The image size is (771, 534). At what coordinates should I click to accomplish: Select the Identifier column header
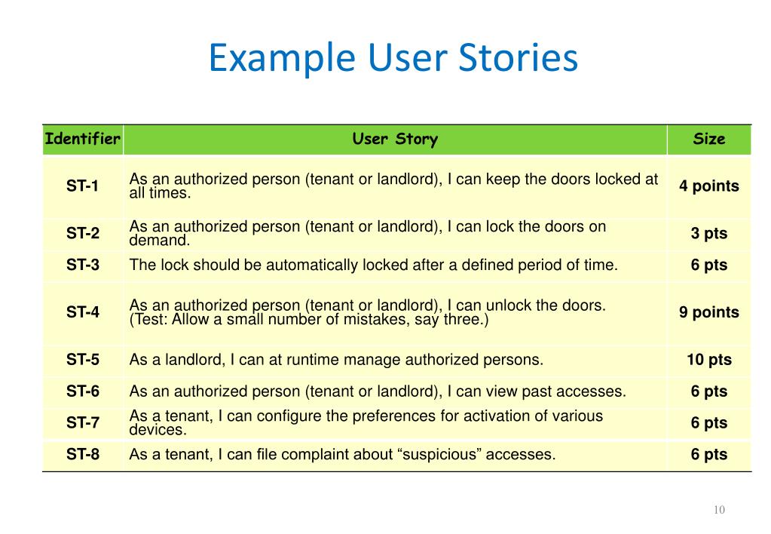pos(82,139)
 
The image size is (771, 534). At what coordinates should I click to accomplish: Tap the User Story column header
pos(394,139)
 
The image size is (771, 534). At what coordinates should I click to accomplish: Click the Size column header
pos(708,139)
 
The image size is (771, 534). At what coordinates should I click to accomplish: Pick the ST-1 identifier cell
pos(82,186)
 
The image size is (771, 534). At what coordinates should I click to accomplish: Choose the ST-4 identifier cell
pos(82,312)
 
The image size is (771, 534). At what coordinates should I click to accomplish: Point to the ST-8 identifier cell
pos(82,455)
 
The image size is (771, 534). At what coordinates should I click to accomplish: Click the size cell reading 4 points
pos(708,186)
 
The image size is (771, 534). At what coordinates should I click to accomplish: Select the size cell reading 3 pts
pos(708,234)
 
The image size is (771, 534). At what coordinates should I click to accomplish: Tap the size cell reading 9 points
pos(708,312)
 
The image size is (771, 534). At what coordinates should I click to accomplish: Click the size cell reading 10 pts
pos(708,360)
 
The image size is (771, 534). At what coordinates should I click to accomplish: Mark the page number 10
pos(718,511)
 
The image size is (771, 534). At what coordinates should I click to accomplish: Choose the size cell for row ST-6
pos(708,391)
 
